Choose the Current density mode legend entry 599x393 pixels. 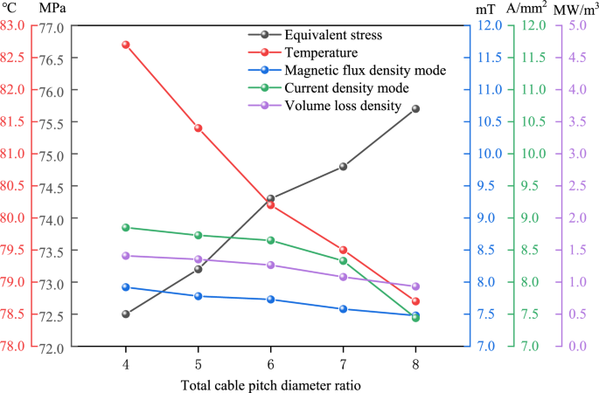pyautogui.click(x=347, y=87)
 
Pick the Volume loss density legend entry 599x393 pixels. pyautogui.click(x=343, y=105)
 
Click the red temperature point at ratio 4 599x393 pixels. pyautogui.click(x=126, y=45)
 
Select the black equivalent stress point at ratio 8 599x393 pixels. pyautogui.click(x=415, y=108)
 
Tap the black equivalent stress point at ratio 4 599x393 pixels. pyautogui.click(x=126, y=314)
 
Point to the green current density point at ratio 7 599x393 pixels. pyautogui.click(x=343, y=260)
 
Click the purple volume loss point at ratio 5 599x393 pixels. pyautogui.click(x=199, y=259)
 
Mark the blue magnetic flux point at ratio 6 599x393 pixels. pyautogui.click(x=270, y=300)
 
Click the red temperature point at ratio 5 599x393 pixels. pyautogui.click(x=199, y=128)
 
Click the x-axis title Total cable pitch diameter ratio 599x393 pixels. pyautogui.click(x=270, y=383)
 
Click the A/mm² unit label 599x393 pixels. pyautogui.click(x=527, y=8)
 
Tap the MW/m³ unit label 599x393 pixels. pyautogui.click(x=577, y=8)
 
